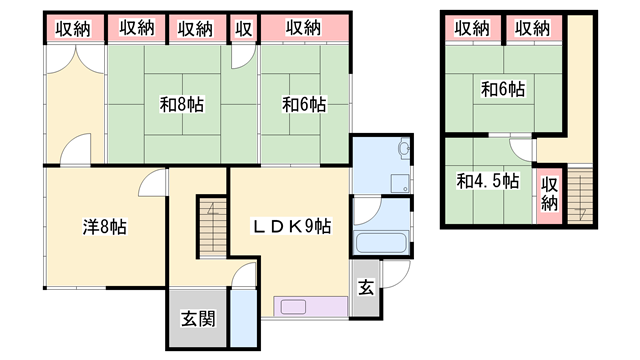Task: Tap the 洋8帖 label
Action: coord(104,227)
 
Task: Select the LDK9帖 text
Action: coord(291,227)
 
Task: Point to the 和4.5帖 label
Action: coord(487,181)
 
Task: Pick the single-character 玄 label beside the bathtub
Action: coord(366,289)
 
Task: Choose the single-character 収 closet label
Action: coord(243,28)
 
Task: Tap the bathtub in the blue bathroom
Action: coord(381,243)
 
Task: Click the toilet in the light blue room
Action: coord(402,150)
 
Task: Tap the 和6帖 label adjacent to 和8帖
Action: coord(303,102)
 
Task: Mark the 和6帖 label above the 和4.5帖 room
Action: coord(502,90)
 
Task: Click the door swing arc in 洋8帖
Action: coord(150,182)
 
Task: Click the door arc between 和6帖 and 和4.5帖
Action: coord(519,148)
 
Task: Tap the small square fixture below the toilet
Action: coord(399,181)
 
